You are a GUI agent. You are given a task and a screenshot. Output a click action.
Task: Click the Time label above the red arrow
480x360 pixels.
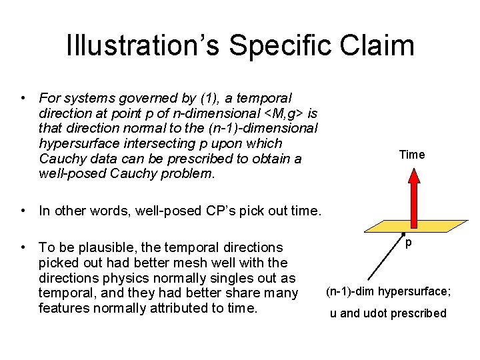click(x=411, y=155)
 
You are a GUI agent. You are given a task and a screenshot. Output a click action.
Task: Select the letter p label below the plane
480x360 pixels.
click(x=408, y=244)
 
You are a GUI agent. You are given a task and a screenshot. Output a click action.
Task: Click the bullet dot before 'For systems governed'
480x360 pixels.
click(x=23, y=98)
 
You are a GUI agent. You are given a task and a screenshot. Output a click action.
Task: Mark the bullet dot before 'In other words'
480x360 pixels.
click(x=23, y=211)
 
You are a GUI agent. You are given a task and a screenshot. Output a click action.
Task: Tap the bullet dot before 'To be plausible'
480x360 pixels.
click(x=23, y=247)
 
